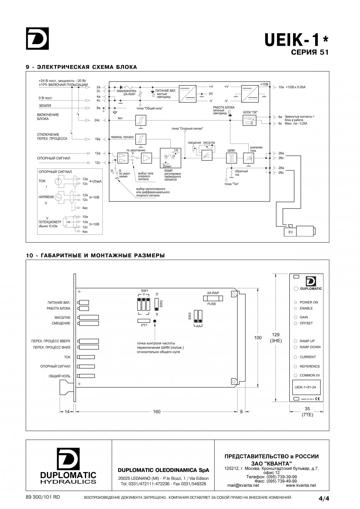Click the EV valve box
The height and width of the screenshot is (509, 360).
(x=290, y=232)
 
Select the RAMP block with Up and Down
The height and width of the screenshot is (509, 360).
(x=171, y=158)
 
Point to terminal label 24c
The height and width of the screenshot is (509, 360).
(x=97, y=120)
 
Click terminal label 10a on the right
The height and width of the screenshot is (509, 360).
(x=281, y=87)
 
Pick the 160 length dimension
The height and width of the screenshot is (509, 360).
(x=157, y=412)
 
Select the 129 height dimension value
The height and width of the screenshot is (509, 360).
(x=276, y=335)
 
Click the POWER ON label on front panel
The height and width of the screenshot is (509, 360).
(x=309, y=302)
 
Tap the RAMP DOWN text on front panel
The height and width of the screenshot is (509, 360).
(x=310, y=347)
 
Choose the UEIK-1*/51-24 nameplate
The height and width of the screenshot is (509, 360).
(x=306, y=387)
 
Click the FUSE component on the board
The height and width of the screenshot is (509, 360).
(x=213, y=298)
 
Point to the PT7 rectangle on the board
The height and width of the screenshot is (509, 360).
(x=144, y=321)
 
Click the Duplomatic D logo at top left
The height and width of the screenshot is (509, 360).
(x=37, y=38)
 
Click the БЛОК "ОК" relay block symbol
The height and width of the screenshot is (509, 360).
(x=250, y=120)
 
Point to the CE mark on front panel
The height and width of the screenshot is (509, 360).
(x=317, y=399)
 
